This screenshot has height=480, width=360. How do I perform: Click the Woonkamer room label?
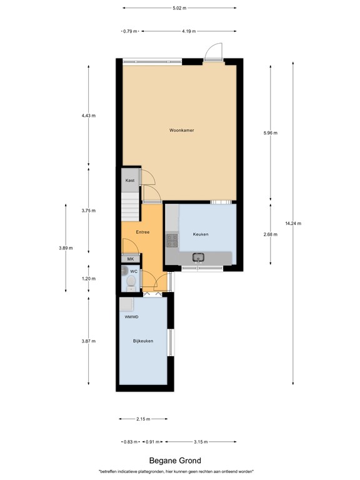181,131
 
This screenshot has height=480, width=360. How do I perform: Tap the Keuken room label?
201,234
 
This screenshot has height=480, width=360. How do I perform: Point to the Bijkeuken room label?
142,341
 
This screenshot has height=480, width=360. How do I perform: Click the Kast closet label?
130,181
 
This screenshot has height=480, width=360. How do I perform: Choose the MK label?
130,259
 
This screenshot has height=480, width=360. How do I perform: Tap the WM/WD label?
131,317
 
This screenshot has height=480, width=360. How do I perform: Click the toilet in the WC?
129,282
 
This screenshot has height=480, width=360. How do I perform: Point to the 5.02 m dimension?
179,8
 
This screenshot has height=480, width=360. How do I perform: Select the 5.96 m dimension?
269,132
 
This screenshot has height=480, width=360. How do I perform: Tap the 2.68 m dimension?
269,234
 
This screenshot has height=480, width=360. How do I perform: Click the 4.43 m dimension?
88,116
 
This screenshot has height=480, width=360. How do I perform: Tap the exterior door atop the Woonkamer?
214,51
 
